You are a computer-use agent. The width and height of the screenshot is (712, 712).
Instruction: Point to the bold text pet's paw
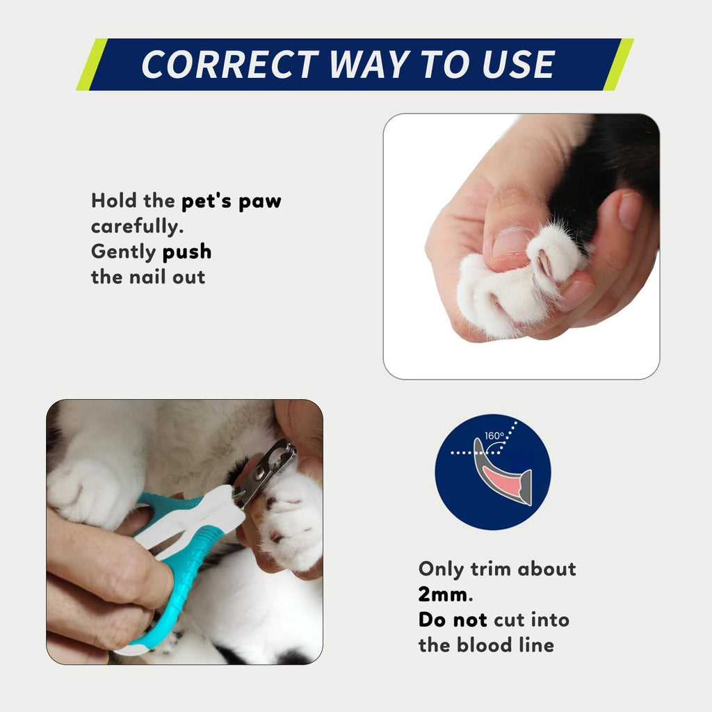(232, 202)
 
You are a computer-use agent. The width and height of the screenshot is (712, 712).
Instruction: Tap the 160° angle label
(495, 437)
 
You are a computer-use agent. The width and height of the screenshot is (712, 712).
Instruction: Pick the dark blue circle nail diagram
(492, 471)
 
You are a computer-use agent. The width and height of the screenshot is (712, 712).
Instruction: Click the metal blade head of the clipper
(268, 471)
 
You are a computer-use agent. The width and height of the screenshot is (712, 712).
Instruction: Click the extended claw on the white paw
(546, 265)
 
